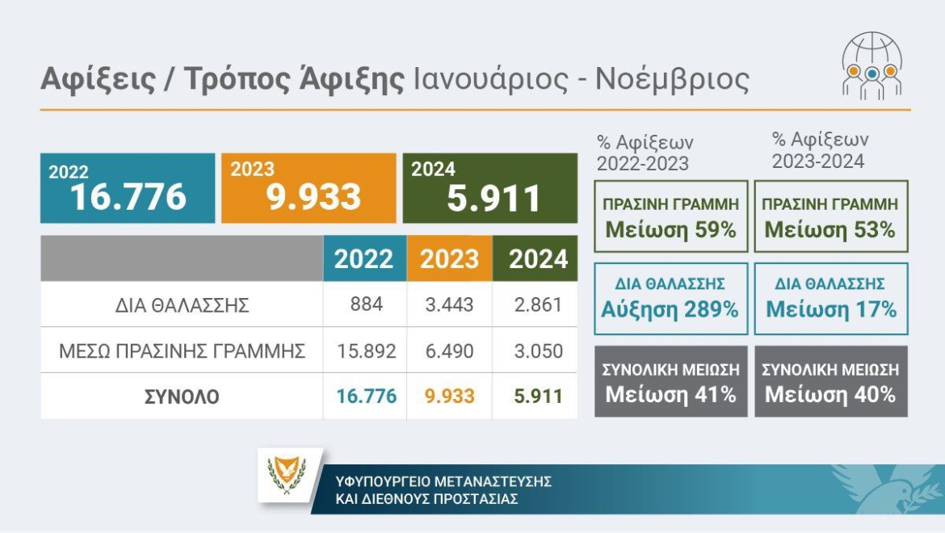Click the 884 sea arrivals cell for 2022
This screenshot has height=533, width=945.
(366, 305)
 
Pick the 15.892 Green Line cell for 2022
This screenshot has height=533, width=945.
(366, 351)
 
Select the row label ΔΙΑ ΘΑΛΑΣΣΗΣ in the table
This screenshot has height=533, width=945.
(182, 306)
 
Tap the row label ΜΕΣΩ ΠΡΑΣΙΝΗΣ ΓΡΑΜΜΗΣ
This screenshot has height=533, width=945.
(182, 352)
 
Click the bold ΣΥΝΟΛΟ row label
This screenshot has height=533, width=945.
(182, 397)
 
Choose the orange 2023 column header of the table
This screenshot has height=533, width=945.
(450, 259)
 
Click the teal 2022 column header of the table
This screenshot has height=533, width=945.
(364, 259)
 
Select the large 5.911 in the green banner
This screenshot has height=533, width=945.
(493, 199)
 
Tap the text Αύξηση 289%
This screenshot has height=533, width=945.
(670, 309)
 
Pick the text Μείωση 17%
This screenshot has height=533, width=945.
(831, 309)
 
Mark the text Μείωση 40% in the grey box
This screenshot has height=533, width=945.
(830, 395)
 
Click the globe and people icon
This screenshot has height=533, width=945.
(871, 67)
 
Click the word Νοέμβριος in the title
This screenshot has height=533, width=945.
(672, 80)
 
